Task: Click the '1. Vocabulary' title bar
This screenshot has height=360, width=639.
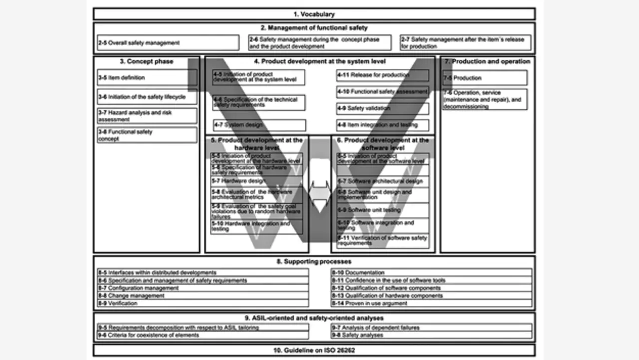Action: click(314, 14)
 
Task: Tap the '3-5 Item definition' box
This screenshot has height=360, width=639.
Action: click(147, 78)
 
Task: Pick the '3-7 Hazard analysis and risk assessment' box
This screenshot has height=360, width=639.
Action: click(147, 116)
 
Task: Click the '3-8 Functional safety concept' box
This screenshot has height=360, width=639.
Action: click(147, 135)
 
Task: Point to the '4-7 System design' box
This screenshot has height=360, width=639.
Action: click(259, 125)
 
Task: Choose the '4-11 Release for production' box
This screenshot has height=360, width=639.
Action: click(382, 75)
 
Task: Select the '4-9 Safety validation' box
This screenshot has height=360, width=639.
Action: click(382, 108)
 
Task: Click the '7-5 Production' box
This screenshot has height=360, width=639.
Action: click(484, 78)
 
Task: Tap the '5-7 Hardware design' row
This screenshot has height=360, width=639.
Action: click(256, 181)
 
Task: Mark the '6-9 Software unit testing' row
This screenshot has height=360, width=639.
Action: click(383, 210)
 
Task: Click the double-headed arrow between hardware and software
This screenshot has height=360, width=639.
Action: click(319, 191)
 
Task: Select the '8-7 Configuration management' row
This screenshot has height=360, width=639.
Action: click(203, 288)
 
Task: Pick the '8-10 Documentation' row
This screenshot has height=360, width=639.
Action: click(432, 273)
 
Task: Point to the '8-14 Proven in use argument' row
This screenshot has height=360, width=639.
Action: click(432, 303)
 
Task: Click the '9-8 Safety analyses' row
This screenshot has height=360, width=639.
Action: click(432, 335)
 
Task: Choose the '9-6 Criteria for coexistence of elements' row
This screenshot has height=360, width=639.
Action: click(203, 335)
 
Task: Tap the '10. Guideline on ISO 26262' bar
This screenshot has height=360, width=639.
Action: click(314, 350)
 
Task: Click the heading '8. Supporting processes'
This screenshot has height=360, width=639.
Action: click(314, 262)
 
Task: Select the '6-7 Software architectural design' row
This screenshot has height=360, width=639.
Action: click(383, 181)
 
